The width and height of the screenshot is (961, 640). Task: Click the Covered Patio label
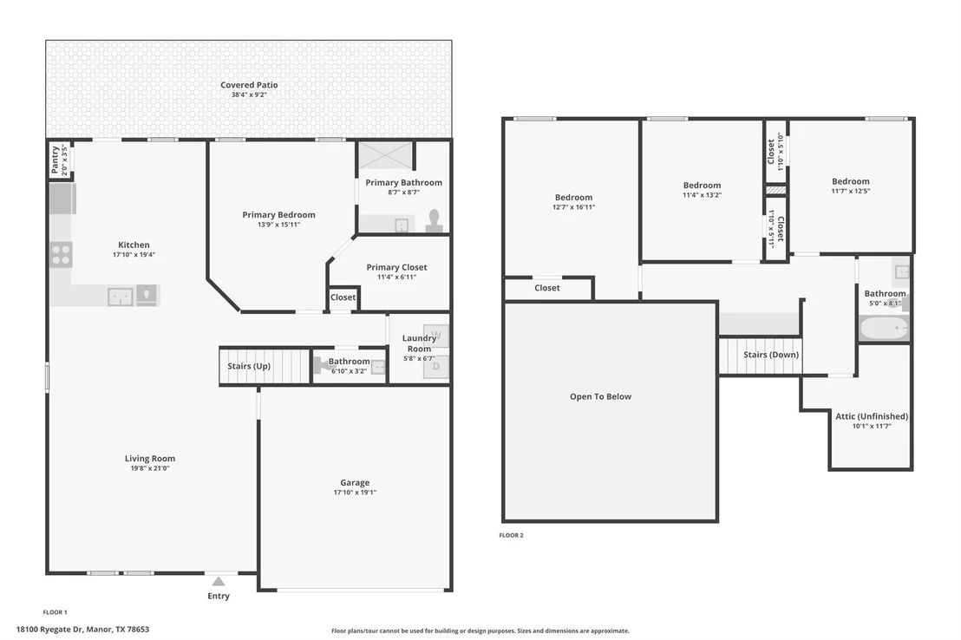click(249, 85)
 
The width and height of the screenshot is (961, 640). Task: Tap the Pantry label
click(56, 160)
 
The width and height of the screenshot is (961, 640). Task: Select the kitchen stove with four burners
click(61, 255)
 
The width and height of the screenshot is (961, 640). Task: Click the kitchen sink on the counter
click(120, 297)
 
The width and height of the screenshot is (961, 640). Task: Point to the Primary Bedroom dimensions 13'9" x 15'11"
click(279, 225)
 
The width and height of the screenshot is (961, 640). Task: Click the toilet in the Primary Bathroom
click(435, 220)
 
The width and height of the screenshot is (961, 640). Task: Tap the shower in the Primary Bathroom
click(385, 155)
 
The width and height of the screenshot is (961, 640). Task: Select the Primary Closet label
click(396, 267)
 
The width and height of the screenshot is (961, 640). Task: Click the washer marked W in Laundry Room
click(436, 336)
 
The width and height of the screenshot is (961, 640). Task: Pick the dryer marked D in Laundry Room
click(436, 367)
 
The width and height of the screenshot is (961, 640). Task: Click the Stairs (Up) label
click(249, 366)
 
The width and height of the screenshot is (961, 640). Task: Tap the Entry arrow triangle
click(219, 581)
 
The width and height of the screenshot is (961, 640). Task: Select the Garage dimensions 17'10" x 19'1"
click(355, 493)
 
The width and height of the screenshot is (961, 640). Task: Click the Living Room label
click(150, 459)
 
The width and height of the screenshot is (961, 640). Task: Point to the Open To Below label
click(600, 396)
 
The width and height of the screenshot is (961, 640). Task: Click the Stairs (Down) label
click(771, 355)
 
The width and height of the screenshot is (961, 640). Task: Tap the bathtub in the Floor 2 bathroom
click(884, 329)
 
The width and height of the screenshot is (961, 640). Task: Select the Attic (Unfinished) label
click(873, 416)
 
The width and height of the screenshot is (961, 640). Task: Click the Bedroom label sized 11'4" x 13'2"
click(703, 185)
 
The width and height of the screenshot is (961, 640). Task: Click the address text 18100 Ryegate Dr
click(49, 629)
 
